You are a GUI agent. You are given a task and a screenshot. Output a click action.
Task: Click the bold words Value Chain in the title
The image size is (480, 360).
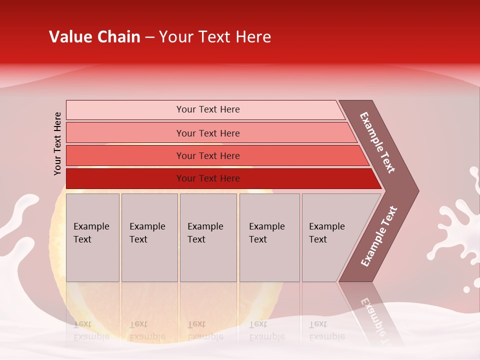point(94,37)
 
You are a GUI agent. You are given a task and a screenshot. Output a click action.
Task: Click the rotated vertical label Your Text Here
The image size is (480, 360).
point(57,143)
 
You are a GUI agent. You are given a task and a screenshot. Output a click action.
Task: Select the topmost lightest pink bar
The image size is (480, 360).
point(125,110)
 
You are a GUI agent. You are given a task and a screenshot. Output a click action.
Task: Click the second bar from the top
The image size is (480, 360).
point(125,133)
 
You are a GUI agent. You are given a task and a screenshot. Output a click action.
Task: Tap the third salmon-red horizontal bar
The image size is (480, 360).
point(125,155)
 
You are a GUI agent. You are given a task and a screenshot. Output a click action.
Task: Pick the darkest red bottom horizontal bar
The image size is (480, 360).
point(125,178)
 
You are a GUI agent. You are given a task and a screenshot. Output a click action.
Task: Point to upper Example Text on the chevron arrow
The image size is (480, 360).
point(377,142)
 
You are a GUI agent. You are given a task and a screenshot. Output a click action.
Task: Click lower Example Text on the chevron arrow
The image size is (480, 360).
point(379,236)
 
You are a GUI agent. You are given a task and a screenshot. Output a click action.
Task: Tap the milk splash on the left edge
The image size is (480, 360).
point(20,215)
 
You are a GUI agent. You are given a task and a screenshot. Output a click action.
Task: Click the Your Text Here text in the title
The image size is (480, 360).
point(215,37)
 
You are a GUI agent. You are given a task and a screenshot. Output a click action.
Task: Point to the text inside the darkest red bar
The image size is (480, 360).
point(208,178)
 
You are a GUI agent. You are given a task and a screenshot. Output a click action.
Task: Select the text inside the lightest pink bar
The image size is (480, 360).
point(208,109)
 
